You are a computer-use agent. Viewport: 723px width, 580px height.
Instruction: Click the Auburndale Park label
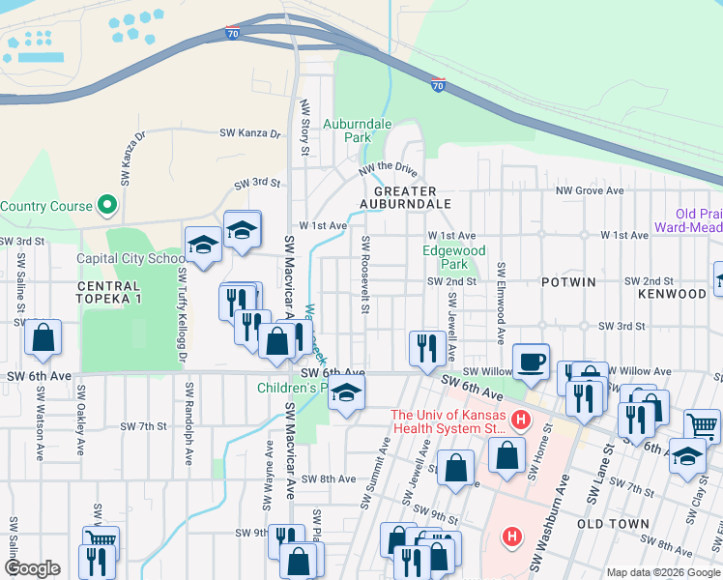tap(357, 130)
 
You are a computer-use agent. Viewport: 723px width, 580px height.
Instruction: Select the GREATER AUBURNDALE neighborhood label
tap(405, 197)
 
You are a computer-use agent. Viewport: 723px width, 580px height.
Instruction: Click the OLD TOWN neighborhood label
tap(607, 523)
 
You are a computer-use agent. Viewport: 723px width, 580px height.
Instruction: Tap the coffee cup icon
tap(531, 361)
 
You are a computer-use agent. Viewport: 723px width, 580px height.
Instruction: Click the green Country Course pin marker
tap(107, 205)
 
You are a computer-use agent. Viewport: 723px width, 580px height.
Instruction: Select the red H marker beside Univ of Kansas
tap(520, 420)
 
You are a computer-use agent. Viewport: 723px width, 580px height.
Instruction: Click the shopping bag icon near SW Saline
tap(43, 338)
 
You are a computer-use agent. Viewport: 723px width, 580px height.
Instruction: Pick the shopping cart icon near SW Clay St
tap(702, 424)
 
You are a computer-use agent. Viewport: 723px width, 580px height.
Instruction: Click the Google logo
tap(32, 568)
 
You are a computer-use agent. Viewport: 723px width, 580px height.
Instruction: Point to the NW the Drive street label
tap(388, 169)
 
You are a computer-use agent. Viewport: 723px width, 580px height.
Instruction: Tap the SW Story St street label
tap(304, 126)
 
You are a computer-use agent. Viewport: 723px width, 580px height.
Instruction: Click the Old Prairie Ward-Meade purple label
tap(686, 221)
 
